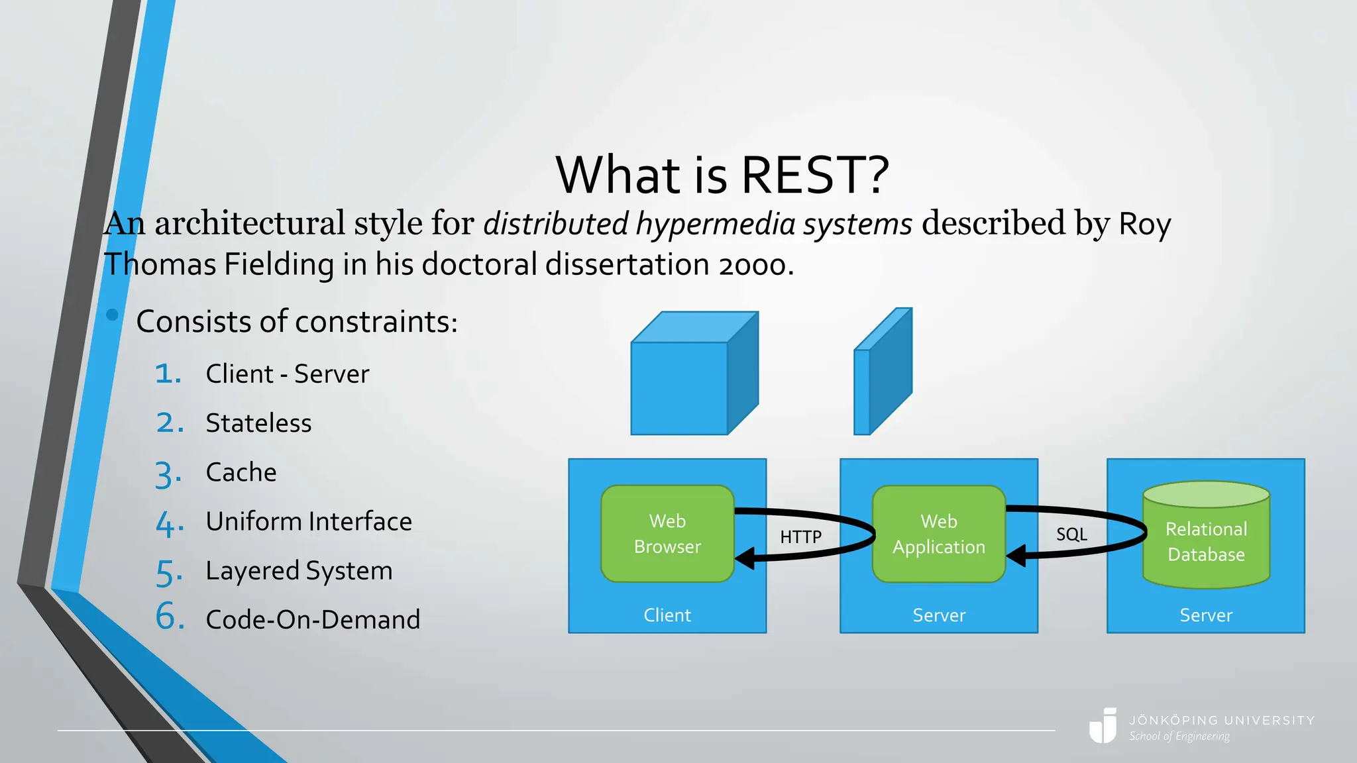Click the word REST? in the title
pyautogui.click(x=814, y=175)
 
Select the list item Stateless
pyautogui.click(x=258, y=423)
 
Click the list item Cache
pyautogui.click(x=241, y=472)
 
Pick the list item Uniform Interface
pyautogui.click(x=309, y=521)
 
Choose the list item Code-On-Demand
pyautogui.click(x=313, y=620)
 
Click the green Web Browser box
pyautogui.click(x=667, y=534)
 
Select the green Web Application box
pyautogui.click(x=938, y=534)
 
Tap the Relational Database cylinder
pyautogui.click(x=1206, y=540)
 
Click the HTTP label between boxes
pyautogui.click(x=800, y=536)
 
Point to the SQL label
pyautogui.click(x=1071, y=534)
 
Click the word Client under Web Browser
pyautogui.click(x=667, y=615)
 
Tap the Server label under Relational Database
pyautogui.click(x=1206, y=615)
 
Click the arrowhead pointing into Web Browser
pyautogui.click(x=745, y=558)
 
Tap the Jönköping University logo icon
pyautogui.click(x=1103, y=726)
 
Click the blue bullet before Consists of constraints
pyautogui.click(x=112, y=315)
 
